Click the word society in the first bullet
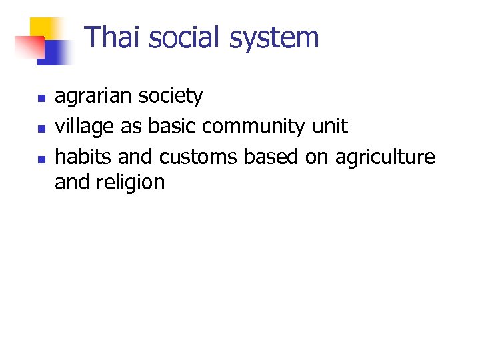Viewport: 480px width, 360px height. click(173, 97)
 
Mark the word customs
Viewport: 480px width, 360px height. click(198, 157)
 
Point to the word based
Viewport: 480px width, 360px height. click(273, 157)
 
